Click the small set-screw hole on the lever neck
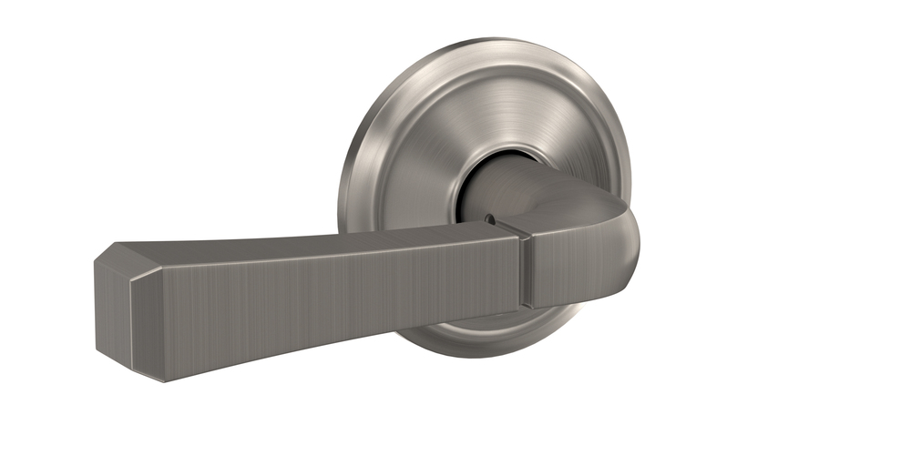click(x=493, y=218)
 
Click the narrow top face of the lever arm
click(x=301, y=241)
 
